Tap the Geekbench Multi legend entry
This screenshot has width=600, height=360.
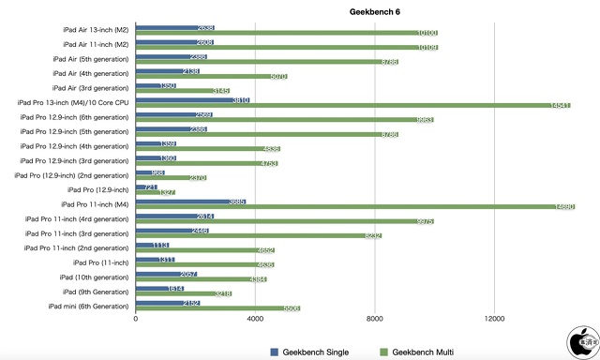pos(423,352)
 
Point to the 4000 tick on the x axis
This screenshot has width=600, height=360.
pos(255,319)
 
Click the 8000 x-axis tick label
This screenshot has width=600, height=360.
pos(375,319)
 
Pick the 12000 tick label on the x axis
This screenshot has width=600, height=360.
pos(494,319)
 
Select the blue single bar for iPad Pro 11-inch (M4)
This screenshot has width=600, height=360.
pos(191,202)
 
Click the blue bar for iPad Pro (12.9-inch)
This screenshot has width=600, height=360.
pos(147,187)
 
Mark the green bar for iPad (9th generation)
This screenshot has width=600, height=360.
pos(184,293)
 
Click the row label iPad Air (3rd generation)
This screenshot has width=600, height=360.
pos(91,87)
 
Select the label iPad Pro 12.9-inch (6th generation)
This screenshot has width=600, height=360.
pos(75,116)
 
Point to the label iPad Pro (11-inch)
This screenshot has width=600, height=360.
pos(100,262)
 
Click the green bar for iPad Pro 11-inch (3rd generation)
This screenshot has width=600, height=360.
pos(259,235)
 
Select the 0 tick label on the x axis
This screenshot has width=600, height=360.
pos(136,319)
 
